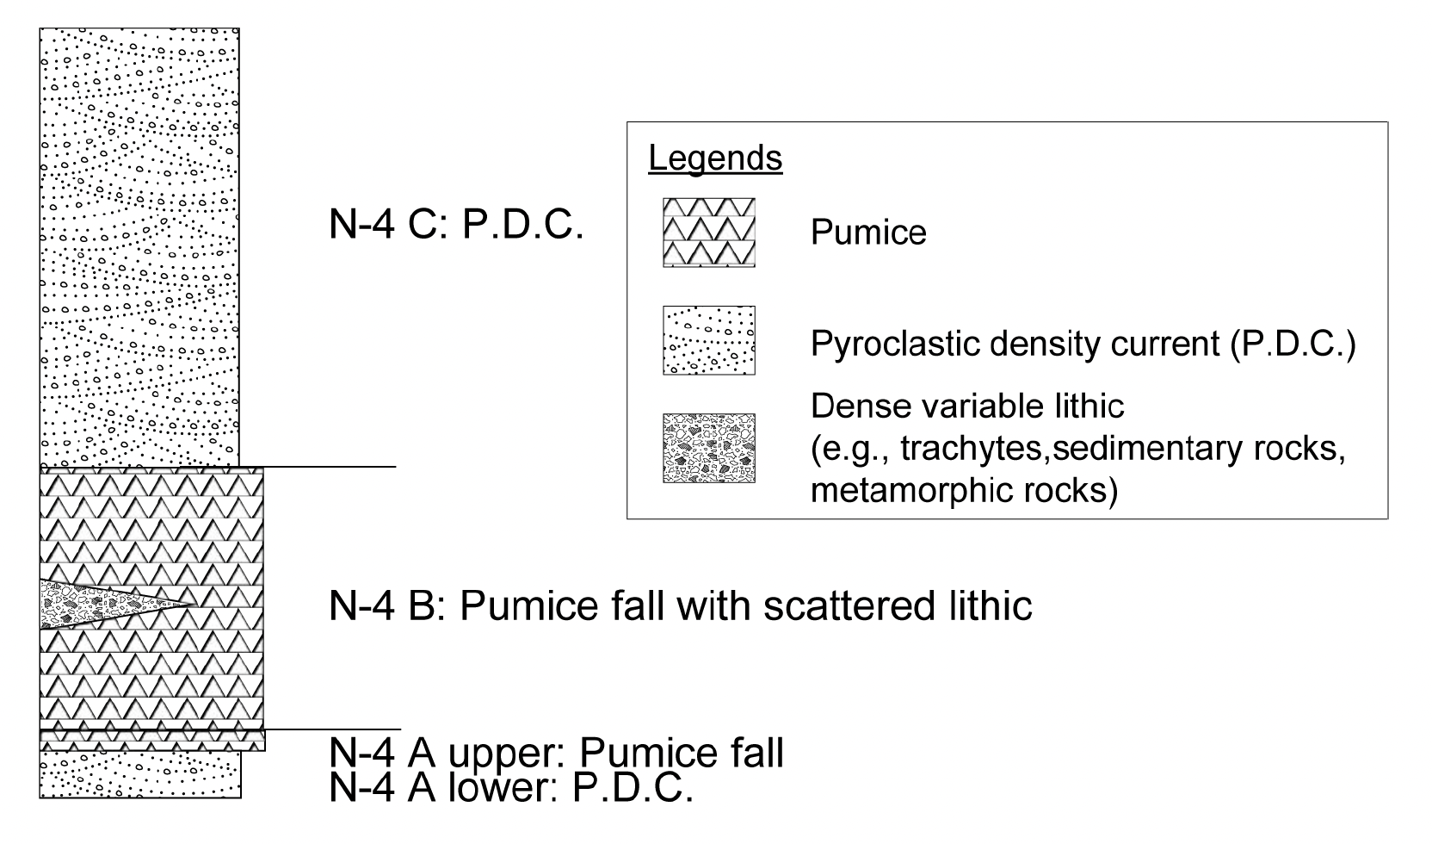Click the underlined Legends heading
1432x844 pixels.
point(715,158)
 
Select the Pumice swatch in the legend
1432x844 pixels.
point(708,232)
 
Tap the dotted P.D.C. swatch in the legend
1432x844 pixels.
point(708,340)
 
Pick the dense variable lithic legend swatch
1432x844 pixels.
point(708,448)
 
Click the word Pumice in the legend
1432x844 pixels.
point(868,233)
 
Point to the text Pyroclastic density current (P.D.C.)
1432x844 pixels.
point(1083,344)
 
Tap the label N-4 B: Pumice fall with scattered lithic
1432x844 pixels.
point(680,605)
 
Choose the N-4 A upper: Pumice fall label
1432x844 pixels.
point(556,754)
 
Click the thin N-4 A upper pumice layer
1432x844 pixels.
point(151,740)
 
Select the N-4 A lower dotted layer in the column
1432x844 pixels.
point(139,774)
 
